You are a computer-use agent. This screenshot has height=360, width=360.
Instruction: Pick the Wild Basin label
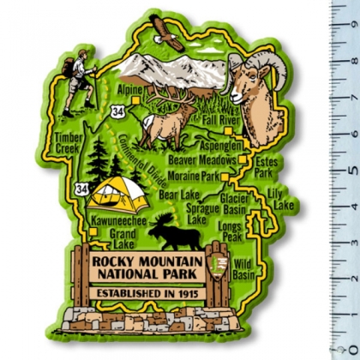243,270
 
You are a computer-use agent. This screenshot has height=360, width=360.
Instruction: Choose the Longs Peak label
231,231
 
